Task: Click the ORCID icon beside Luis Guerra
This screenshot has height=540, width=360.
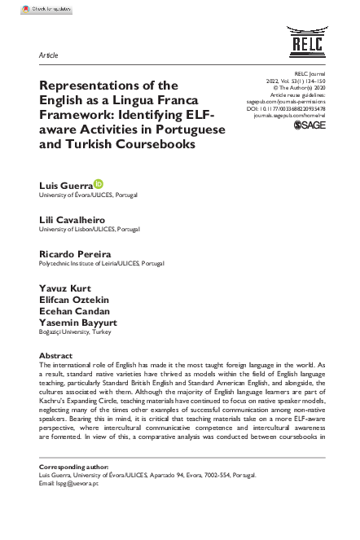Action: coord(99,186)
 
